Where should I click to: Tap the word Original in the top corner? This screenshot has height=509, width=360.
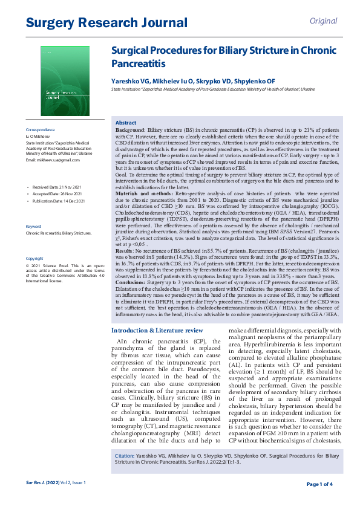(323, 21)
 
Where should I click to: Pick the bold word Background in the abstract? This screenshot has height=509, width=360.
(130, 131)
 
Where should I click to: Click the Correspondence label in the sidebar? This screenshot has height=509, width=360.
(41, 130)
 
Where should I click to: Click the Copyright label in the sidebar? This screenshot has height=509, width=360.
(34, 258)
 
